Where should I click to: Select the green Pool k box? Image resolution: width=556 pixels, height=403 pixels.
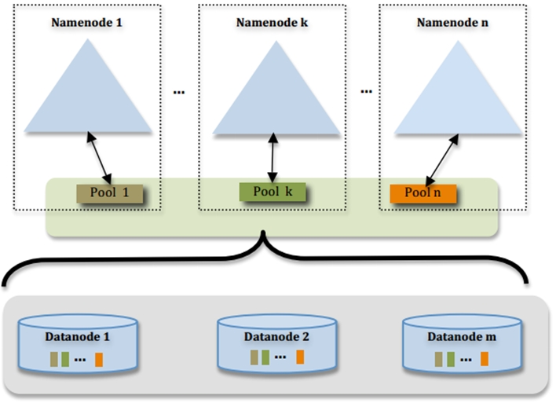(x=272, y=191)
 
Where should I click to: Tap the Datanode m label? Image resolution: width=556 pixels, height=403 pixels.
(x=463, y=337)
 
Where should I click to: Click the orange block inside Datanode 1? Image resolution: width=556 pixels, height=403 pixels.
(x=99, y=360)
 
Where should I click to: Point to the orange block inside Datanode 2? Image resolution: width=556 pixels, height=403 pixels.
(x=300, y=357)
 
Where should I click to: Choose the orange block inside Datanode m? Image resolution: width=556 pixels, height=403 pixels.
(x=485, y=359)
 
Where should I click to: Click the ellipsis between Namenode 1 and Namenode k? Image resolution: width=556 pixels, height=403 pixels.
(x=178, y=92)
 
